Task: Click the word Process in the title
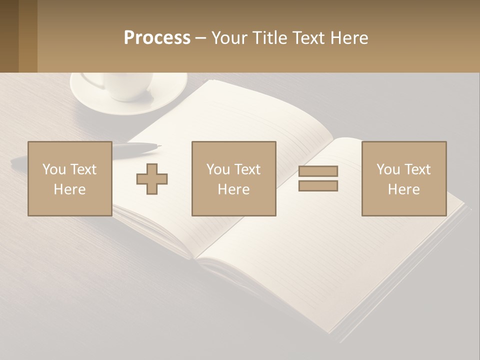click(x=157, y=38)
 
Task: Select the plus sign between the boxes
click(x=152, y=179)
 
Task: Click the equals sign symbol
click(x=318, y=178)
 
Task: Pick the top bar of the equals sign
click(x=318, y=171)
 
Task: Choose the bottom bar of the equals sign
click(x=318, y=186)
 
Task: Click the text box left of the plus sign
click(x=69, y=178)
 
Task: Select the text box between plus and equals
click(x=233, y=178)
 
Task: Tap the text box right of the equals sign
click(x=403, y=178)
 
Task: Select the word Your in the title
click(x=228, y=38)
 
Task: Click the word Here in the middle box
click(x=233, y=189)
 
